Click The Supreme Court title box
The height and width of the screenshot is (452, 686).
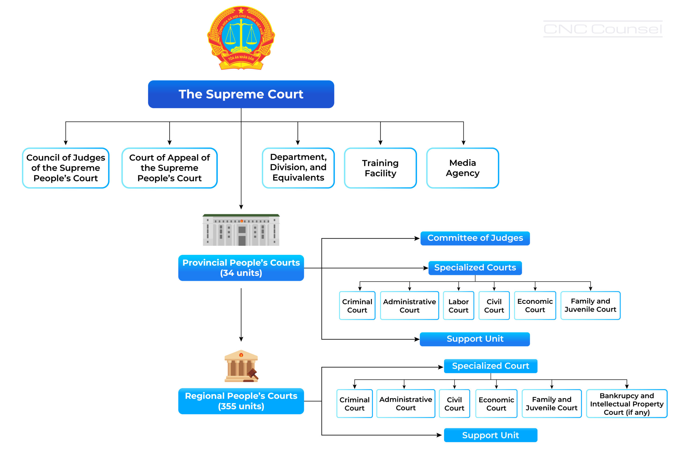coord(241,94)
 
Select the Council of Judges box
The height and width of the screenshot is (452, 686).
coord(66,168)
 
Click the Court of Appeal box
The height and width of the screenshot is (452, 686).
coord(169,168)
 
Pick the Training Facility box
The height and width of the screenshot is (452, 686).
coord(380,168)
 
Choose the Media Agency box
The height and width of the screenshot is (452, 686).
coord(462,168)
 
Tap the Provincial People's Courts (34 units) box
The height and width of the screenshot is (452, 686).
coord(241,268)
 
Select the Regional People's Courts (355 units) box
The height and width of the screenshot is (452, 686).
coord(241,401)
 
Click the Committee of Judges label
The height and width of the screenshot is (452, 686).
coord(475,238)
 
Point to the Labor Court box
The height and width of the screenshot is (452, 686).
coord(458,305)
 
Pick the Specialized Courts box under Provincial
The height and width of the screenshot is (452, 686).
coord(475,268)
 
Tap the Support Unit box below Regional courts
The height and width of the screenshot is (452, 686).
coord(490,435)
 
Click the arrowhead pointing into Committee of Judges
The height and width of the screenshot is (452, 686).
coord(417,238)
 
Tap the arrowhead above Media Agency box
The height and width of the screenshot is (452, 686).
coord(463,143)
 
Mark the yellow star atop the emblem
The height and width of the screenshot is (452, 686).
coord(241,11)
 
